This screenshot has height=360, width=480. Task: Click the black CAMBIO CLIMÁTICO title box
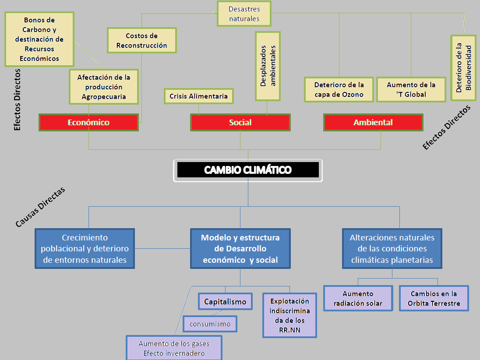248,170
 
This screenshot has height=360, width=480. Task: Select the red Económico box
88,123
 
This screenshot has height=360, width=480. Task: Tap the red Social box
240,123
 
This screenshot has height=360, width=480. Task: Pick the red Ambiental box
373,123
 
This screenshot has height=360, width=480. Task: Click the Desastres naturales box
244,14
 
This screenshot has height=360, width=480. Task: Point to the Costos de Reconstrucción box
142,40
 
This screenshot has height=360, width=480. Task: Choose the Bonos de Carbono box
39,39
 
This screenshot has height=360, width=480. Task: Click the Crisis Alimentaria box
198,96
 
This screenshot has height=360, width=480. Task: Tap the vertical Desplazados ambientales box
267,66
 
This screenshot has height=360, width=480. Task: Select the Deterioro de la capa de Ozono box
339,90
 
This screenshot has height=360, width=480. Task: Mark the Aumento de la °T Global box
411,90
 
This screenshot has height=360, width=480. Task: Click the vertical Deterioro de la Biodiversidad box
463,67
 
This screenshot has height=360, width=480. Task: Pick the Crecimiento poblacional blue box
85,249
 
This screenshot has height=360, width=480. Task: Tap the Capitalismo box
225,301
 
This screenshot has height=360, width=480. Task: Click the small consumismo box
210,324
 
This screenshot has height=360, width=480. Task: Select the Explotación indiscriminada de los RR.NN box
289,315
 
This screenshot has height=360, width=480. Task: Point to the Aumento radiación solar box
358,298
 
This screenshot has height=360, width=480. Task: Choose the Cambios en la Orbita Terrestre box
434,298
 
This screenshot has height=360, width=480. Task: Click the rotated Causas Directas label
40,207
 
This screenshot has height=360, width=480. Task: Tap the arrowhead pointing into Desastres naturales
215,14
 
